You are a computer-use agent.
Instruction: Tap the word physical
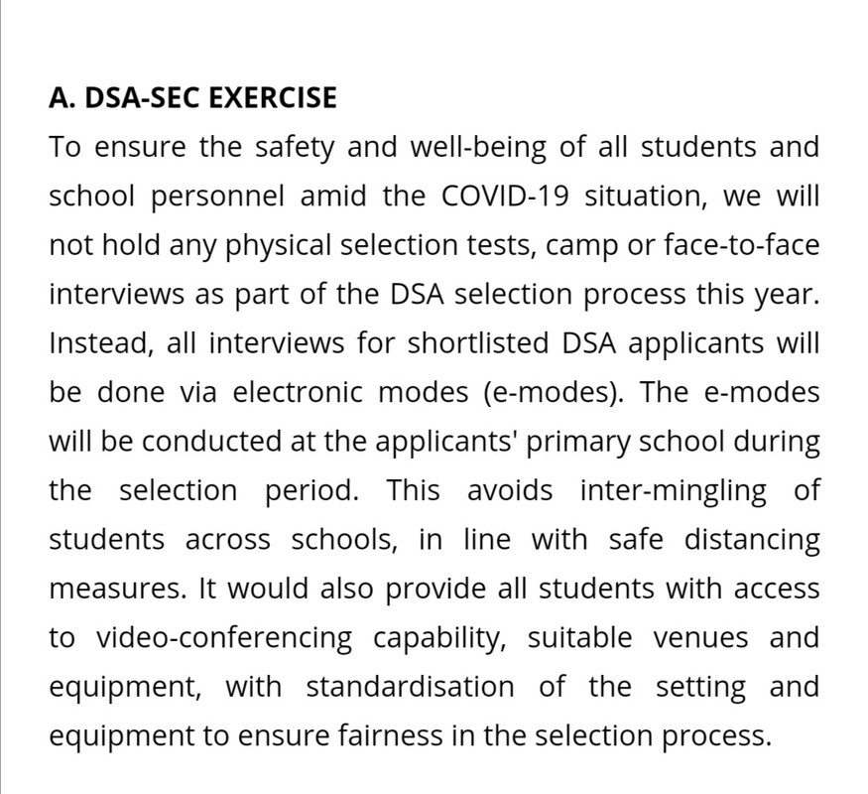(x=280, y=245)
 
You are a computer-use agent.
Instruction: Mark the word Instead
(x=93, y=342)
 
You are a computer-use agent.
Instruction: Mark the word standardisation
(x=410, y=686)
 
